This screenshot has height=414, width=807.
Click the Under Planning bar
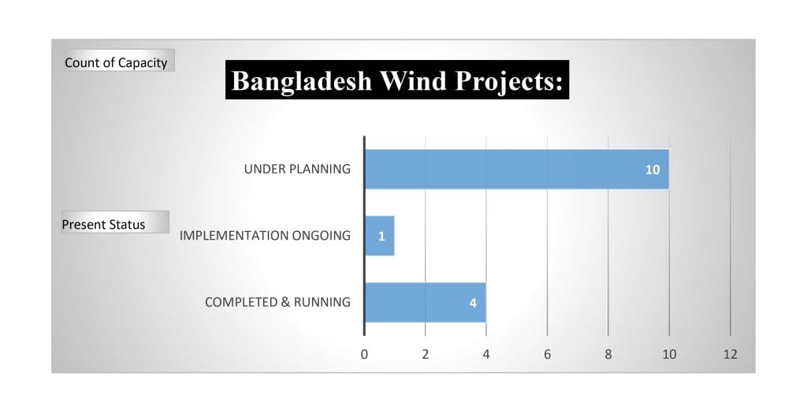pyautogui.click(x=517, y=170)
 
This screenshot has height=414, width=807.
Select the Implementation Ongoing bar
pyautogui.click(x=380, y=236)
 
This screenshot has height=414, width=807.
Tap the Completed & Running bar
pyautogui.click(x=425, y=303)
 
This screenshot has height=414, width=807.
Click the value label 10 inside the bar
pyautogui.click(x=652, y=170)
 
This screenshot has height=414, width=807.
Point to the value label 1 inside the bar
pyautogui.click(x=381, y=237)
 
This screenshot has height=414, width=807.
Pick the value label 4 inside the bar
pyautogui.click(x=473, y=304)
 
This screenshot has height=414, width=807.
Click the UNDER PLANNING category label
pyautogui.click(x=297, y=169)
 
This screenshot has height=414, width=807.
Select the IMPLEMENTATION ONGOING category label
pyautogui.click(x=265, y=235)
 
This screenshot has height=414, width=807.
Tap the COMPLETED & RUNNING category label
pyautogui.click(x=277, y=302)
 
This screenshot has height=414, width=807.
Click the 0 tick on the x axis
pyautogui.click(x=364, y=354)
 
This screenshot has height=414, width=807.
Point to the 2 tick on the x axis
pyautogui.click(x=425, y=354)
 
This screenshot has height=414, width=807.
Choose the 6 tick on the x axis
pyautogui.click(x=547, y=354)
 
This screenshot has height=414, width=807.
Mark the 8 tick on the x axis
pyautogui.click(x=608, y=354)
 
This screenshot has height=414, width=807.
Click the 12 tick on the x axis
pyautogui.click(x=730, y=354)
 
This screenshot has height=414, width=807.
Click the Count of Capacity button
pyautogui.click(x=118, y=61)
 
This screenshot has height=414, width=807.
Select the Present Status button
pyautogui.click(x=115, y=222)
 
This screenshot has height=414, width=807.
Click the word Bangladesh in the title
pyautogui.click(x=302, y=81)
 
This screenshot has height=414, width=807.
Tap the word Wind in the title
pyautogui.click(x=406, y=80)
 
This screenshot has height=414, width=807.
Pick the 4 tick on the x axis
pyautogui.click(x=485, y=354)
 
